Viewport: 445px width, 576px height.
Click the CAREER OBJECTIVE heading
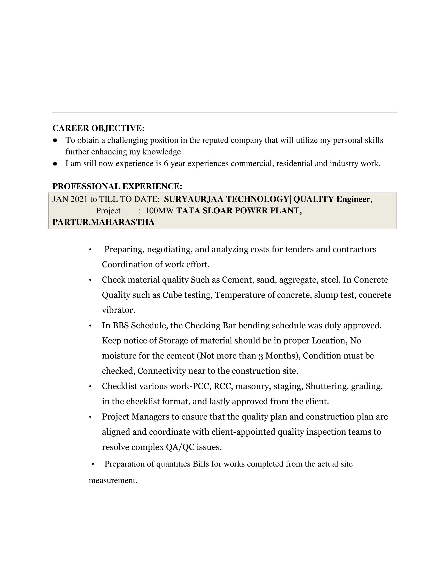point(98,128)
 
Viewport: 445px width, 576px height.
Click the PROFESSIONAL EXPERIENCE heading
point(117,186)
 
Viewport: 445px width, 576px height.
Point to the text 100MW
point(159,211)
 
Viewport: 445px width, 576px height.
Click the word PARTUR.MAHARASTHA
point(103,222)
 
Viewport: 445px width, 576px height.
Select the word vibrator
point(118,310)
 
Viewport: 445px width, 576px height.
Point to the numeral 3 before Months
point(261,356)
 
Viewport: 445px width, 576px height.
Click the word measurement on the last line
point(113,480)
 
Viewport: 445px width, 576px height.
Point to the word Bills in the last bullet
point(201,464)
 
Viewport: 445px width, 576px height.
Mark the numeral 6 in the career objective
point(166,164)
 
